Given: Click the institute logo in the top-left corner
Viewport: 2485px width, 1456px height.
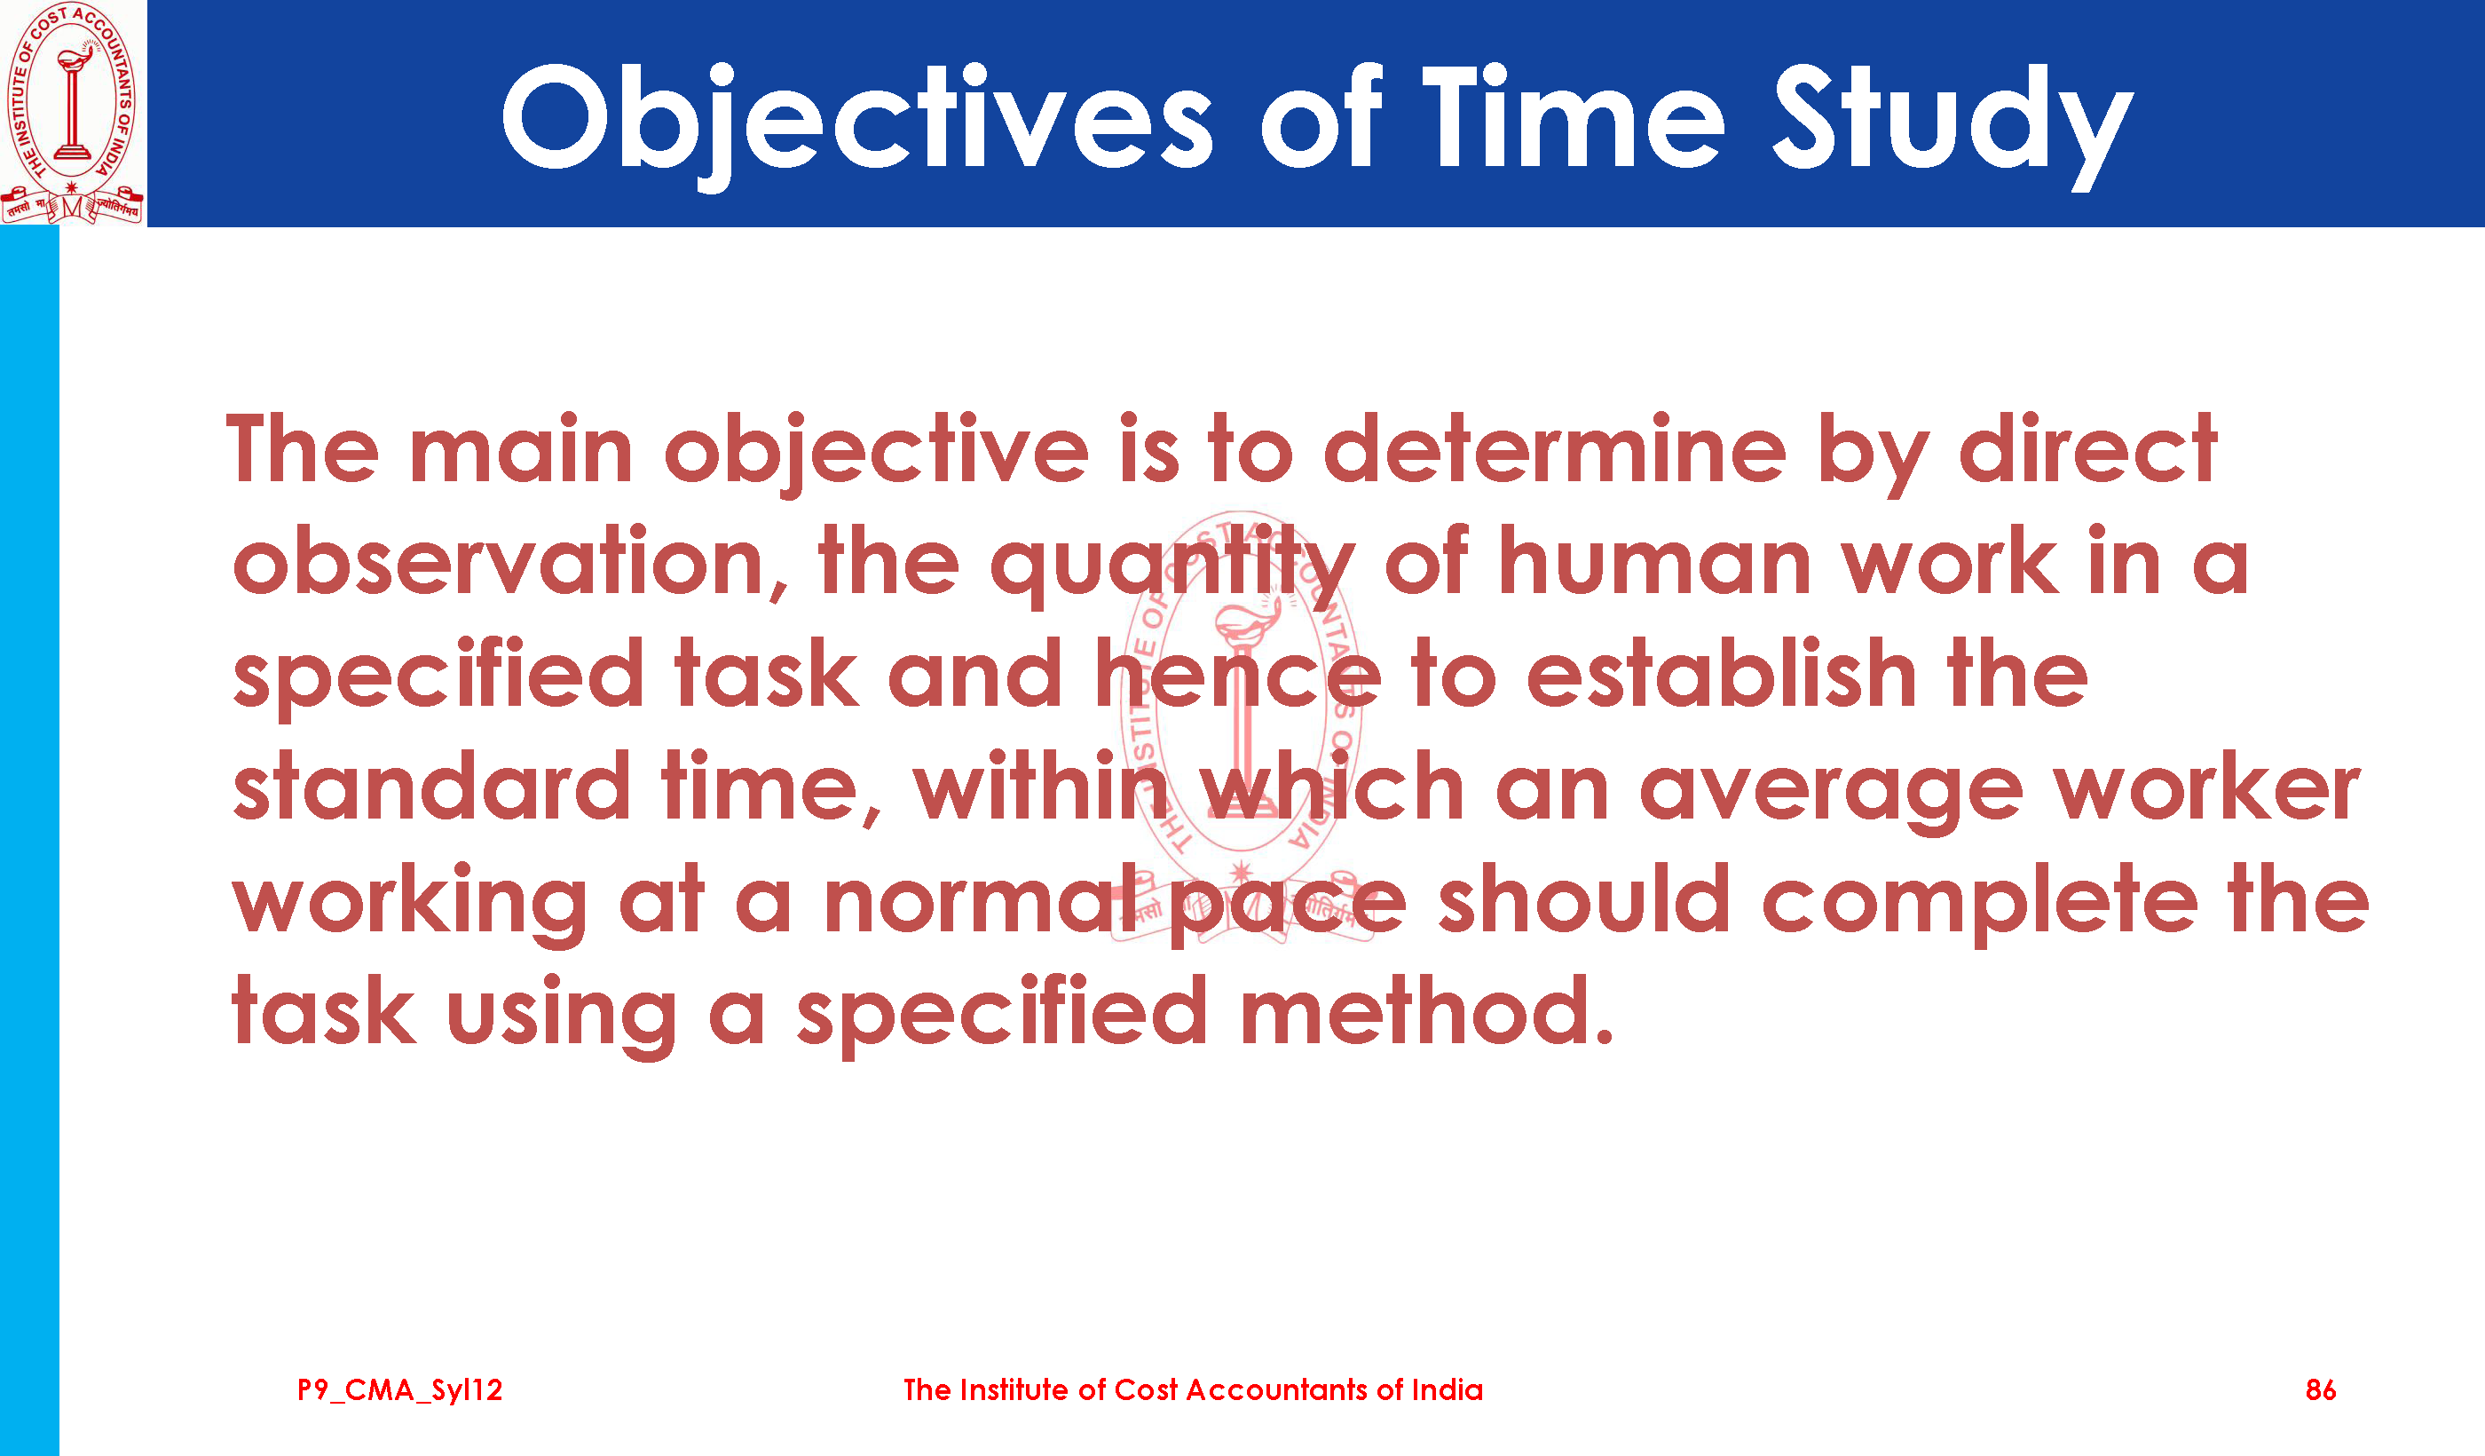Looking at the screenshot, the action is tap(72, 114).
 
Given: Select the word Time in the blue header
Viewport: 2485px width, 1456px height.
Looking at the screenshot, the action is tap(1574, 115).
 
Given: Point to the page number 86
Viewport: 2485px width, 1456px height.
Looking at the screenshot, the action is tap(2320, 1390).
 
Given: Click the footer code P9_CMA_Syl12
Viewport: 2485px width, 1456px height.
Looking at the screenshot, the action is tap(400, 1391).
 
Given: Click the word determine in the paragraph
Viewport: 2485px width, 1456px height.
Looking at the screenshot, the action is tap(1554, 450).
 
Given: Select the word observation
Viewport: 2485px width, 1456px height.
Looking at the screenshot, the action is tap(498, 562).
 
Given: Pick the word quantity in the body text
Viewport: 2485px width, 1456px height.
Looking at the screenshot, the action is tap(1172, 568).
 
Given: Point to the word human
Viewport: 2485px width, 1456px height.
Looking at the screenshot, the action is tap(1654, 562).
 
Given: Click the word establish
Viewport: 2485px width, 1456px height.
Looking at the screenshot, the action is tap(1721, 675).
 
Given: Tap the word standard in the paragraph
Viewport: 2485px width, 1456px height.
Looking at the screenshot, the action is tap(432, 787).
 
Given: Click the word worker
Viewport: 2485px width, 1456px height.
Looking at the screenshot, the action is tap(2208, 787).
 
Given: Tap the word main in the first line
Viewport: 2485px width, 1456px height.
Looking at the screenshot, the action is tap(521, 450).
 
